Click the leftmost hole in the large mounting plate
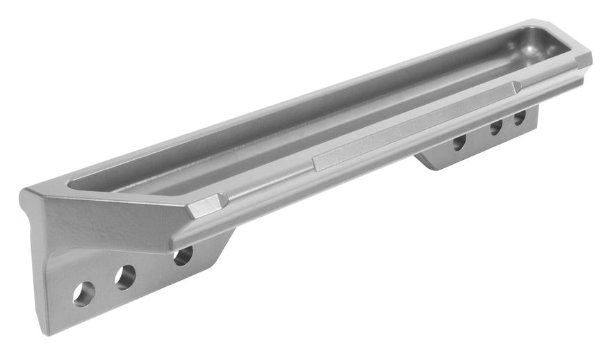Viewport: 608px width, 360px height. click(x=83, y=293)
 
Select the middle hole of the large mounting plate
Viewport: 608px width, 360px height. click(x=125, y=277)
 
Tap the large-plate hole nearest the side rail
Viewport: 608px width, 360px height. click(x=183, y=256)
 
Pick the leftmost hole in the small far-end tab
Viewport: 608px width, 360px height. click(x=459, y=142)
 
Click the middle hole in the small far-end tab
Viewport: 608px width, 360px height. click(x=496, y=127)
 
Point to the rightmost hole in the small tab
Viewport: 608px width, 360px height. click(x=519, y=117)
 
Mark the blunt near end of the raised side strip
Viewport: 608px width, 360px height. click(x=315, y=163)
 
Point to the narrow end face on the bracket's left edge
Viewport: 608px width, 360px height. click(x=35, y=264)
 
